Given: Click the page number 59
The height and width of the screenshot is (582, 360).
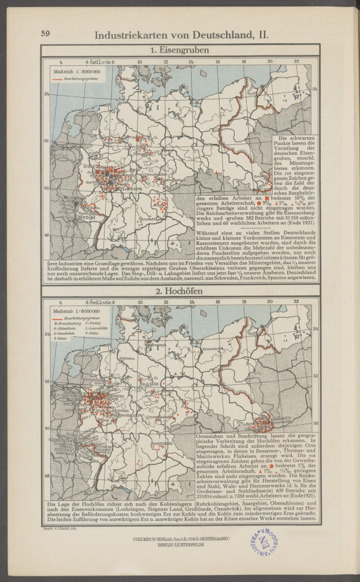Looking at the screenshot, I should tap(45, 34).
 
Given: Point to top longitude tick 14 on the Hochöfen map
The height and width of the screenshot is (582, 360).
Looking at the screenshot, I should tap(191, 301).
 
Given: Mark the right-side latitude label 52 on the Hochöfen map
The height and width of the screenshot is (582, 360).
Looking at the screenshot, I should tap(315, 375).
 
